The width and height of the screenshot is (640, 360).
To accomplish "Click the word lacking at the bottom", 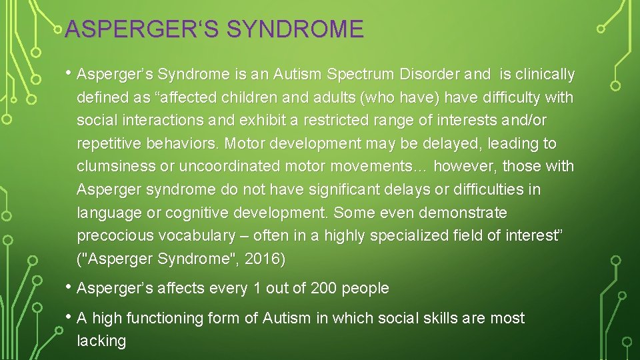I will pyautogui.click(x=101, y=341).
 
